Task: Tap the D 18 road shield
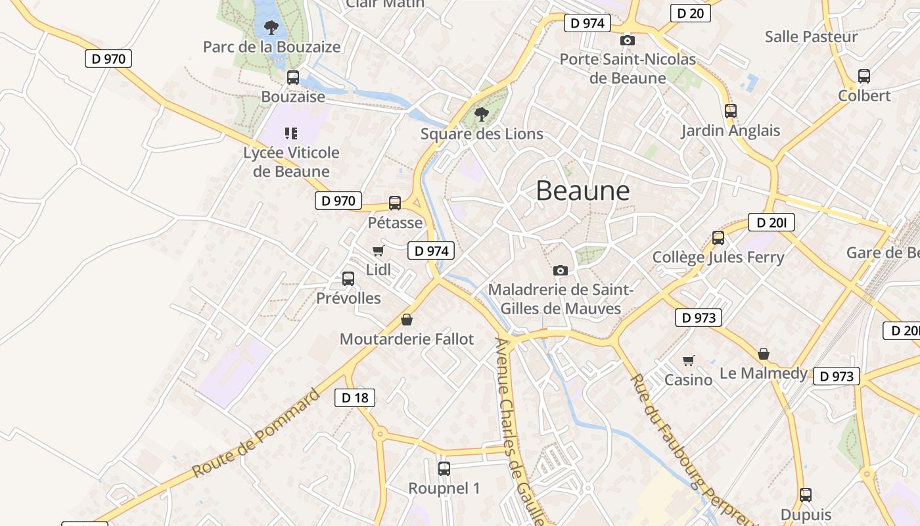pos(355,397)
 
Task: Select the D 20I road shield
pos(771,223)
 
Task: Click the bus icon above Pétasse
pos(395,203)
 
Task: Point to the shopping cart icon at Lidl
pos(378,251)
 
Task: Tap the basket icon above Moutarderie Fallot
pos(407,320)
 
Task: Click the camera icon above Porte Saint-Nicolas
pos(628,40)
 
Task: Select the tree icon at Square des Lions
pos(482,114)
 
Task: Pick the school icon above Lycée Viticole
pos(291,133)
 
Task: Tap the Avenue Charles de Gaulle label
pos(518,431)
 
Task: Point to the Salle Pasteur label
pos(811,36)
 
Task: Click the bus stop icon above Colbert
pos(864,76)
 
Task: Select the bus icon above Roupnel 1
pos(444,469)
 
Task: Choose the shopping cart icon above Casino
pos(688,360)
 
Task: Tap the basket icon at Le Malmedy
pos(764,354)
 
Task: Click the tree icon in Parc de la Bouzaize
pos(270,28)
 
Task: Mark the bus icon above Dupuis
pos(806,495)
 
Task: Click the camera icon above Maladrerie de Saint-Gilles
pos(561,270)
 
